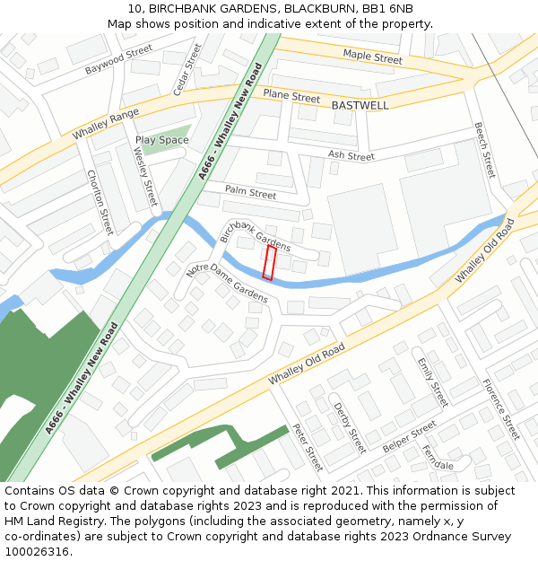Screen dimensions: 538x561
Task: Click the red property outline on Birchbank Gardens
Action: pyautogui.click(x=268, y=263)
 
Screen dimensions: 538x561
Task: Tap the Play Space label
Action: pyautogui.click(x=161, y=140)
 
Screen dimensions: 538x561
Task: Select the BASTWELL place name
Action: pyautogui.click(x=360, y=105)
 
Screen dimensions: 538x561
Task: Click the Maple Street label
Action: pyautogui.click(x=372, y=57)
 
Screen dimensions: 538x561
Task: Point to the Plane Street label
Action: pyautogui.click(x=291, y=97)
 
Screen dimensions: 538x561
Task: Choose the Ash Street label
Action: pyautogui.click(x=351, y=156)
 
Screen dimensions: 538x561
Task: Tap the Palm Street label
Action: pyautogui.click(x=250, y=192)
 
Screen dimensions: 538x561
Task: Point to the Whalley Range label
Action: pyautogui.click(x=106, y=123)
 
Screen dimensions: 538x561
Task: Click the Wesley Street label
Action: pyautogui.click(x=144, y=175)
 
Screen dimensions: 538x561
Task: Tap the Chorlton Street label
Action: pyautogui.click(x=100, y=202)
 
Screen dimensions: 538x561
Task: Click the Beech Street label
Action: pyautogui.click(x=484, y=150)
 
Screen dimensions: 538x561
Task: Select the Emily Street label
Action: pyautogui.click(x=432, y=381)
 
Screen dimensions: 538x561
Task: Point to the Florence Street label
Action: pyautogui.click(x=501, y=409)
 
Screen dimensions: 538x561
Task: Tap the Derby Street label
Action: pyautogui.click(x=350, y=427)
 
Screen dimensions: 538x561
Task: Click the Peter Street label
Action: pyautogui.click(x=308, y=447)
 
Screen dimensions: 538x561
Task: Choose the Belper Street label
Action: pyautogui.click(x=409, y=436)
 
